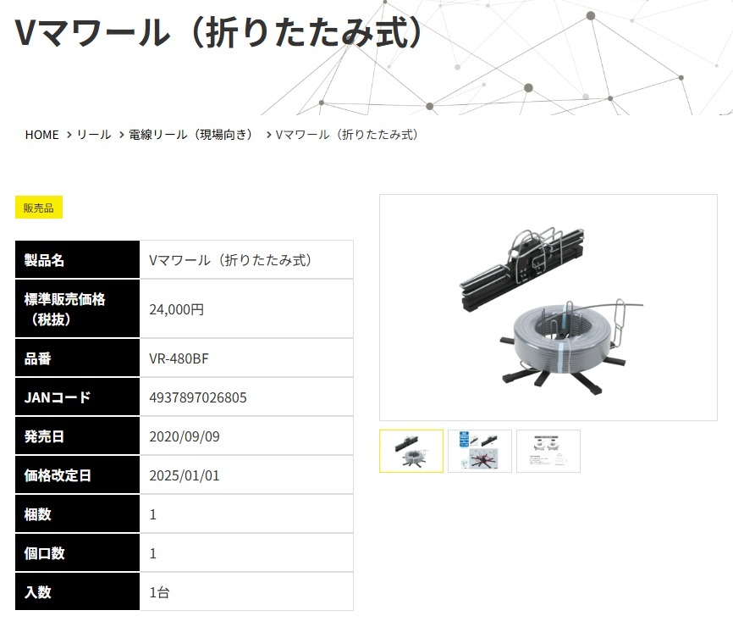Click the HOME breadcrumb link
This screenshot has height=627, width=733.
[x=41, y=135]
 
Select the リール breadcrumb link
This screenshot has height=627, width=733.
[x=94, y=135]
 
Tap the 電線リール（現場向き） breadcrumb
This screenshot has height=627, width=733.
[x=191, y=135]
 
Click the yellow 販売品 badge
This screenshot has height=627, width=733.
[x=38, y=208]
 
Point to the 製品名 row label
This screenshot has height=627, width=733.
[x=45, y=260]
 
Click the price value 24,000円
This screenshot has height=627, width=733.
[x=176, y=309]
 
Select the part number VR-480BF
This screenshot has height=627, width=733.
[x=178, y=358]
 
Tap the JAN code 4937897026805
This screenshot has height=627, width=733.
[x=198, y=397]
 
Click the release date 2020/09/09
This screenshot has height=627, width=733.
[x=184, y=436]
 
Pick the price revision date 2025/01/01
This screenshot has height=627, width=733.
[x=184, y=475]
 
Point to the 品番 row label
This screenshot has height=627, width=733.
[x=38, y=358]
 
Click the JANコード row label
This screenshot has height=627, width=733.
[x=58, y=397]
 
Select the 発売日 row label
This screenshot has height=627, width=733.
[x=45, y=436]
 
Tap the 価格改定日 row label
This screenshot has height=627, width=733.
[x=58, y=475]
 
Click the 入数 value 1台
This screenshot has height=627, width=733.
[x=159, y=592]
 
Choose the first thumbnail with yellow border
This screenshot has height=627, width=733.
[x=411, y=451]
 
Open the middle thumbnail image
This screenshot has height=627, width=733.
[x=480, y=451]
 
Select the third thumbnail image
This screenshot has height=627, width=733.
[x=548, y=451]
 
